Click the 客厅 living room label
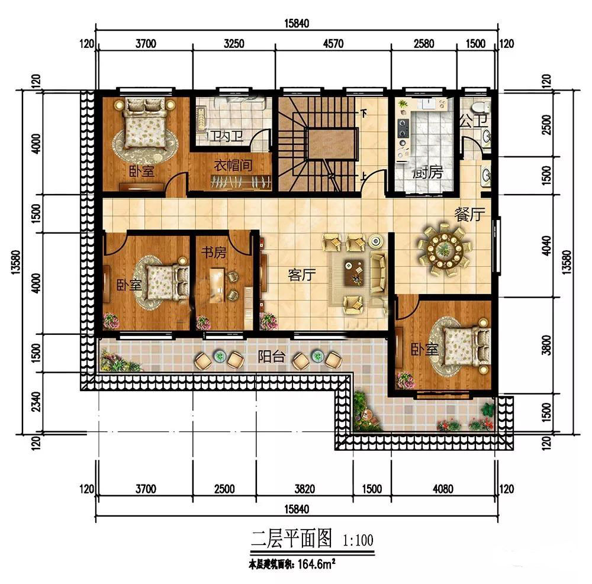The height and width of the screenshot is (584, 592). pyautogui.click(x=302, y=275)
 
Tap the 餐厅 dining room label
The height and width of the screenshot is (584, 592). pyautogui.click(x=469, y=215)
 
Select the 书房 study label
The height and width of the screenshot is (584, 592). pyautogui.click(x=214, y=252)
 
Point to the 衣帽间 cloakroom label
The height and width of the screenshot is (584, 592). pyautogui.click(x=233, y=165)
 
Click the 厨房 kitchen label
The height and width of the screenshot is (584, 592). pyautogui.click(x=428, y=173)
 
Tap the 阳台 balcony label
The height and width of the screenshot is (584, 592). pyautogui.click(x=272, y=356)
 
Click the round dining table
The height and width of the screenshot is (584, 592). pyautogui.click(x=444, y=249)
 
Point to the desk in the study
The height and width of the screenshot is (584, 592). pyautogui.click(x=217, y=285)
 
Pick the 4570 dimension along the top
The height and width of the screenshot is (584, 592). pyautogui.click(x=333, y=44)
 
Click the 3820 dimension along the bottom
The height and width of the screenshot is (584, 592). pyautogui.click(x=305, y=489)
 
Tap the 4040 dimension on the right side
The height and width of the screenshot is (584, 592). pyautogui.click(x=546, y=245)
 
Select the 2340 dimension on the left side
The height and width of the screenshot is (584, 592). pyautogui.click(x=36, y=401)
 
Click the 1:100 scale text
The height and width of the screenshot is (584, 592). pyautogui.click(x=358, y=540)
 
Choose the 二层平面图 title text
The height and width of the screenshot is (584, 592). pyautogui.click(x=292, y=538)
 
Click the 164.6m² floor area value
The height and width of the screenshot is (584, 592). pyautogui.click(x=316, y=564)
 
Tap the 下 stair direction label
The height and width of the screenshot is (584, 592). pyautogui.click(x=363, y=113)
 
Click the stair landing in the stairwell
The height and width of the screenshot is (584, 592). pyautogui.click(x=332, y=144)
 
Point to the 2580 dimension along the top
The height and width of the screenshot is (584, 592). pyautogui.click(x=424, y=44)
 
